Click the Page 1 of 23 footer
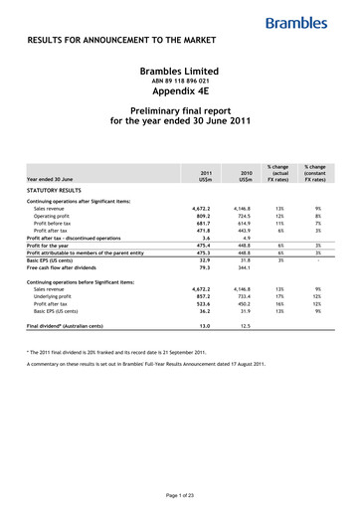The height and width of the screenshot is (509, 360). click(x=180, y=495)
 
